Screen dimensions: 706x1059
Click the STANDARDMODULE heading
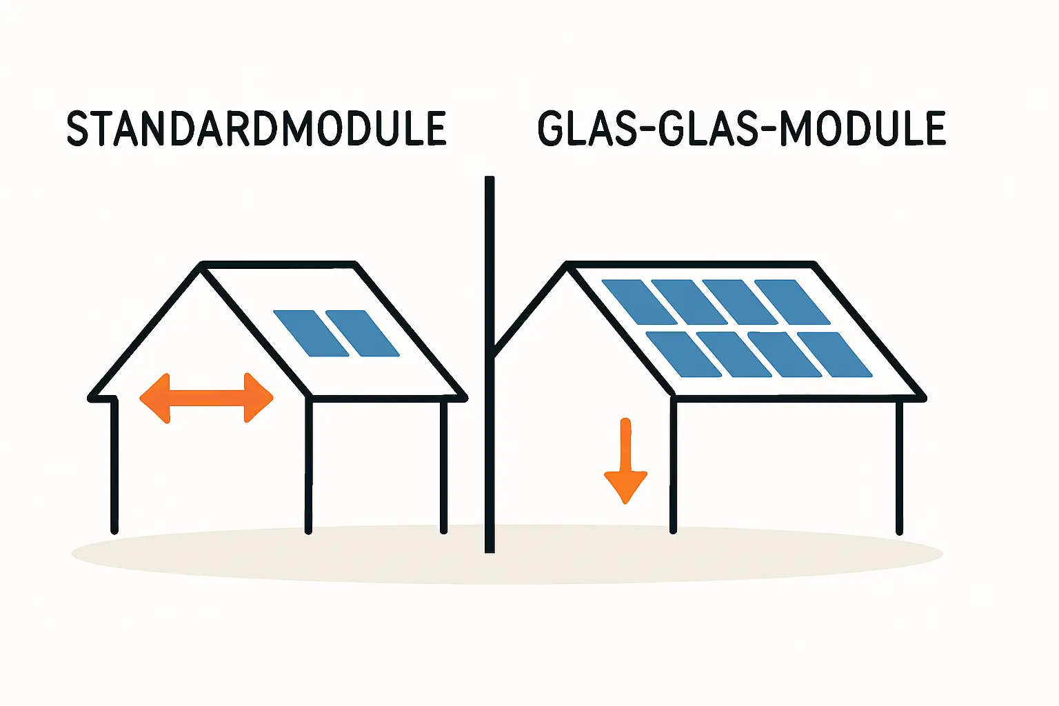pyautogui.click(x=256, y=128)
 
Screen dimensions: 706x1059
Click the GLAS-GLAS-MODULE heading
pyautogui.click(x=741, y=128)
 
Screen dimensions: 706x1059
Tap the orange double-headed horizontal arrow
pyautogui.click(x=207, y=398)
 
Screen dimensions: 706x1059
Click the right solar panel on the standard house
pyautogui.click(x=362, y=333)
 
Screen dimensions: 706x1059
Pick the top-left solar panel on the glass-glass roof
pyautogui.click(x=639, y=302)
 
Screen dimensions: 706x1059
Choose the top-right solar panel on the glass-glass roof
pyautogui.click(x=793, y=302)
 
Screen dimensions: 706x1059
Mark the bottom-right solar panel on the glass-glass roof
pyautogui.click(x=835, y=354)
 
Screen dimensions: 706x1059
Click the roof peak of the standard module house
pyautogui.click(x=201, y=265)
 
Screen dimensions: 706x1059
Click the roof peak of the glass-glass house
pyautogui.click(x=567, y=265)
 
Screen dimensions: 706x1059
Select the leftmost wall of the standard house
pyautogui.click(x=114, y=465)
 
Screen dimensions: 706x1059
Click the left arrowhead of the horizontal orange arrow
pyautogui.click(x=153, y=398)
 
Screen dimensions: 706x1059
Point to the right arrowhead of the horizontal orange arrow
pyautogui.click(x=260, y=398)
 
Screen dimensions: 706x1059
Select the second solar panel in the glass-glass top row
pyautogui.click(x=689, y=302)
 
